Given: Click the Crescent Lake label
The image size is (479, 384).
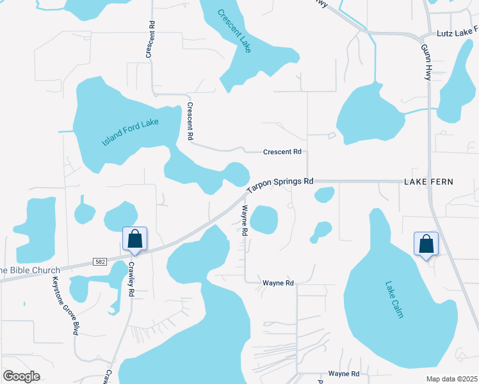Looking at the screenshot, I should [234, 31].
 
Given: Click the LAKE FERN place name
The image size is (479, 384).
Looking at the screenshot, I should [428, 182].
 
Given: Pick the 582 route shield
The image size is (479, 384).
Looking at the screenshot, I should [99, 262].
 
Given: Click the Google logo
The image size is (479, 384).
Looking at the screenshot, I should [21, 376].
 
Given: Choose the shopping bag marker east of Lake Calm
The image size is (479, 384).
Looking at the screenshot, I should [426, 244].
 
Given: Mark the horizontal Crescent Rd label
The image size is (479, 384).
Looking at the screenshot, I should [282, 152].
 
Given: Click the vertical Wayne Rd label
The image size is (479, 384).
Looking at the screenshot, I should [245, 221].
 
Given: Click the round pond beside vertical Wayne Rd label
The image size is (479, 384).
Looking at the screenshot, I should [264, 220].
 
